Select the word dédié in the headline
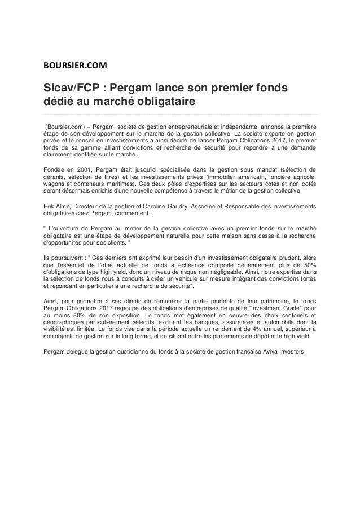pos(60,103)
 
